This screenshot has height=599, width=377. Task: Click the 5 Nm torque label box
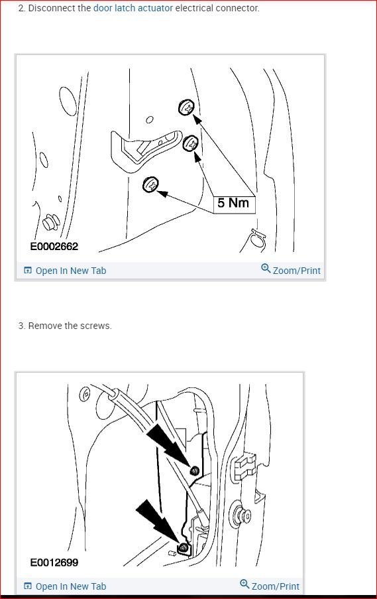coord(233,203)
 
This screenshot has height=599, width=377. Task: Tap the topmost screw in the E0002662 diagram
coord(187,107)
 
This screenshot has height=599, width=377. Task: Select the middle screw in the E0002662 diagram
coord(191,143)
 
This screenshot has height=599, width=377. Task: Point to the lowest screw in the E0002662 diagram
coord(150,185)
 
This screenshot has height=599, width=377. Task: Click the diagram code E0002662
coord(54,246)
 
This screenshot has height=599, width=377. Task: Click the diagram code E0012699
coord(54,563)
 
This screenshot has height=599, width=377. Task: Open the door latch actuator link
coord(133,8)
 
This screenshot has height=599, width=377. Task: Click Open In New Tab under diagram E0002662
coord(65,271)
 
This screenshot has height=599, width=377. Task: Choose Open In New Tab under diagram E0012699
coord(65,586)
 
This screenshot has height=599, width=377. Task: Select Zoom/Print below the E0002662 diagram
coord(291,270)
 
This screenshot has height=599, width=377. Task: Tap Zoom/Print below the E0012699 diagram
coord(270,586)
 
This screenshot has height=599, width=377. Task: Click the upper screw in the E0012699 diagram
coord(195,471)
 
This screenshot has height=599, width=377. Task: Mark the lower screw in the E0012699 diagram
coord(184,548)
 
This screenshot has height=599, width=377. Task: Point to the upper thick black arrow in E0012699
coord(169,445)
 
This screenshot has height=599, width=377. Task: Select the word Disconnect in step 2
coord(52,8)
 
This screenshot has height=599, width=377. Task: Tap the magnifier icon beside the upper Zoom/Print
coord(266,268)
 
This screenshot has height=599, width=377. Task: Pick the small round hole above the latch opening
coord(150,120)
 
